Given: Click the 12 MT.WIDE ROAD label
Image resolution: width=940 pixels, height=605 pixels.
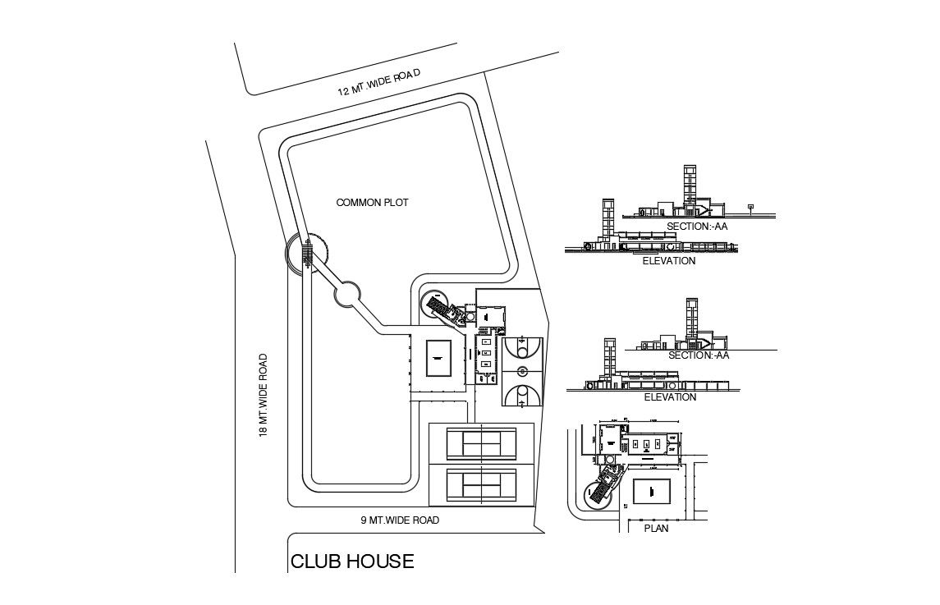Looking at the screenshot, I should pos(378,82).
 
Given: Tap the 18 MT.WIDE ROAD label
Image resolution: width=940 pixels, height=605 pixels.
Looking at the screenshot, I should pos(264,395).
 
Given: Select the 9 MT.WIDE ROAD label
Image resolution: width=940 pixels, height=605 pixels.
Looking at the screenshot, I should pos(400,520).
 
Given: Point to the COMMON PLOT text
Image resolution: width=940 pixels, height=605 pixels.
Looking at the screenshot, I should pos(373,202).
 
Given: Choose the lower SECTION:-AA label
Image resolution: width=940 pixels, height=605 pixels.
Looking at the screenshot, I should pos(699,355).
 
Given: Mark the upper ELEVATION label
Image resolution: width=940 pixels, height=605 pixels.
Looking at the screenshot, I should pos(670,261).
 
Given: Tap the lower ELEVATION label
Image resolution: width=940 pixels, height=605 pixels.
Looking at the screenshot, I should pos(670,397).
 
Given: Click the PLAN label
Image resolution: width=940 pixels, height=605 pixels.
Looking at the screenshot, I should pos(656,529).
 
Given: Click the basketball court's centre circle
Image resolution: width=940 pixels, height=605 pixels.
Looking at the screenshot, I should pos(519,372).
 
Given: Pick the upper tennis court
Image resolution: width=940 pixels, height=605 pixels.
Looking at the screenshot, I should pos(481,443).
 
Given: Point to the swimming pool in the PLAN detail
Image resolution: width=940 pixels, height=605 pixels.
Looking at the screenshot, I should pos(653,493).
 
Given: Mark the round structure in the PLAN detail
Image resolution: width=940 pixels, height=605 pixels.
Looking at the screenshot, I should pos(595,494).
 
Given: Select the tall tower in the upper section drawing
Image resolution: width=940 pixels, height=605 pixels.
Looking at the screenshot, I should pos(690,185).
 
